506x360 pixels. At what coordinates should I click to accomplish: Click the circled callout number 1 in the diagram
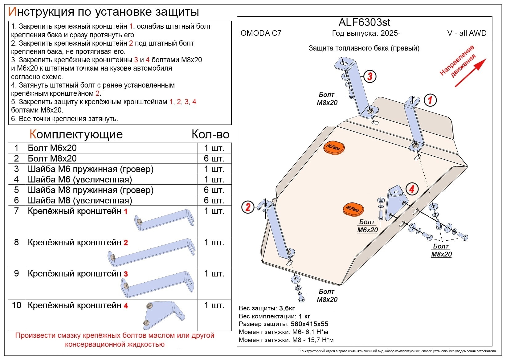[430, 100]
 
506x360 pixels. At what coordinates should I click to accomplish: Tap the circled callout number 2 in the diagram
[248, 207]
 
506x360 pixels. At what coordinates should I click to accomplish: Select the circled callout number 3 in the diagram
[370, 76]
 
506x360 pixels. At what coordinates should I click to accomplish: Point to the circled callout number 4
[412, 189]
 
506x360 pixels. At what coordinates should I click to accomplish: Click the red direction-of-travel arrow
[470, 73]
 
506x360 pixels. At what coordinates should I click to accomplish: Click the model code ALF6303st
[364, 22]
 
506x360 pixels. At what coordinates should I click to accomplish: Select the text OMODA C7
[261, 33]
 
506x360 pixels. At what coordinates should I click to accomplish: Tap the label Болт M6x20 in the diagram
[367, 226]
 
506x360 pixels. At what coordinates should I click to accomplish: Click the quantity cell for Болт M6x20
[214, 148]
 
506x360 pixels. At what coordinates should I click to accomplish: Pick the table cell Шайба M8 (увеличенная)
[80, 200]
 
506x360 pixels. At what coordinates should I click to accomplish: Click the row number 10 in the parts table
[16, 305]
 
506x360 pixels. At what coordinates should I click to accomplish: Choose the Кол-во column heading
[210, 134]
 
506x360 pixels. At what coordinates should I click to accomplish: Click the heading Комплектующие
[76, 134]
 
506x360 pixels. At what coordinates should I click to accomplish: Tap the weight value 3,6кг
[287, 308]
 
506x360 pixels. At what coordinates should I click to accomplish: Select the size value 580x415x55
[309, 324]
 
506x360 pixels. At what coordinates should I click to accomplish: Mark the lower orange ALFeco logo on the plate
[353, 209]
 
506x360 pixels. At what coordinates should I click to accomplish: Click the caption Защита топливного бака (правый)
[364, 48]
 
